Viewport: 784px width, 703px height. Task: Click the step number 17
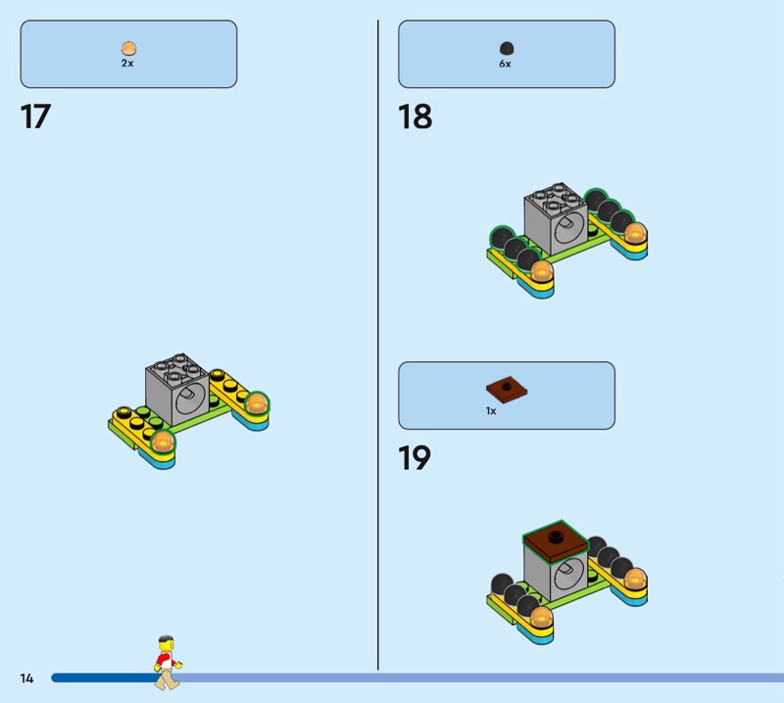pyautogui.click(x=35, y=117)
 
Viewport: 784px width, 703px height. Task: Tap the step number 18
pyautogui.click(x=415, y=117)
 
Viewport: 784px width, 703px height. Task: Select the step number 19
pyautogui.click(x=414, y=457)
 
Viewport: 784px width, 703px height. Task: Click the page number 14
pyautogui.click(x=26, y=678)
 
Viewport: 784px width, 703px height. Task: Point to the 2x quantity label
pyautogui.click(x=127, y=64)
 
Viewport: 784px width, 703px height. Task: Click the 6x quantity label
pyautogui.click(x=505, y=64)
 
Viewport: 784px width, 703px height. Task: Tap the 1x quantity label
pyautogui.click(x=491, y=410)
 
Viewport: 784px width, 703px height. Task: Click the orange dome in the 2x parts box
pyautogui.click(x=128, y=48)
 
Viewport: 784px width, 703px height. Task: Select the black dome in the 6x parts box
pyautogui.click(x=507, y=48)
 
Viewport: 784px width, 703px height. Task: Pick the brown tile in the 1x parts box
pyautogui.click(x=507, y=389)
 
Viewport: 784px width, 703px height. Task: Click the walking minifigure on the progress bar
pyautogui.click(x=168, y=663)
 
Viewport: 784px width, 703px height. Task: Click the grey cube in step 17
pyautogui.click(x=177, y=390)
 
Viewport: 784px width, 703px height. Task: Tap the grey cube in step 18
pyautogui.click(x=556, y=219)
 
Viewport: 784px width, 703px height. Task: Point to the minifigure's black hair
pyautogui.click(x=166, y=640)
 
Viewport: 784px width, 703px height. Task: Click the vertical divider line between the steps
pyautogui.click(x=378, y=345)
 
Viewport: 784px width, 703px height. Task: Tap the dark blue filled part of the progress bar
pyautogui.click(x=104, y=678)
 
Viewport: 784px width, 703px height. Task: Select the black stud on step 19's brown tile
pyautogui.click(x=555, y=537)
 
